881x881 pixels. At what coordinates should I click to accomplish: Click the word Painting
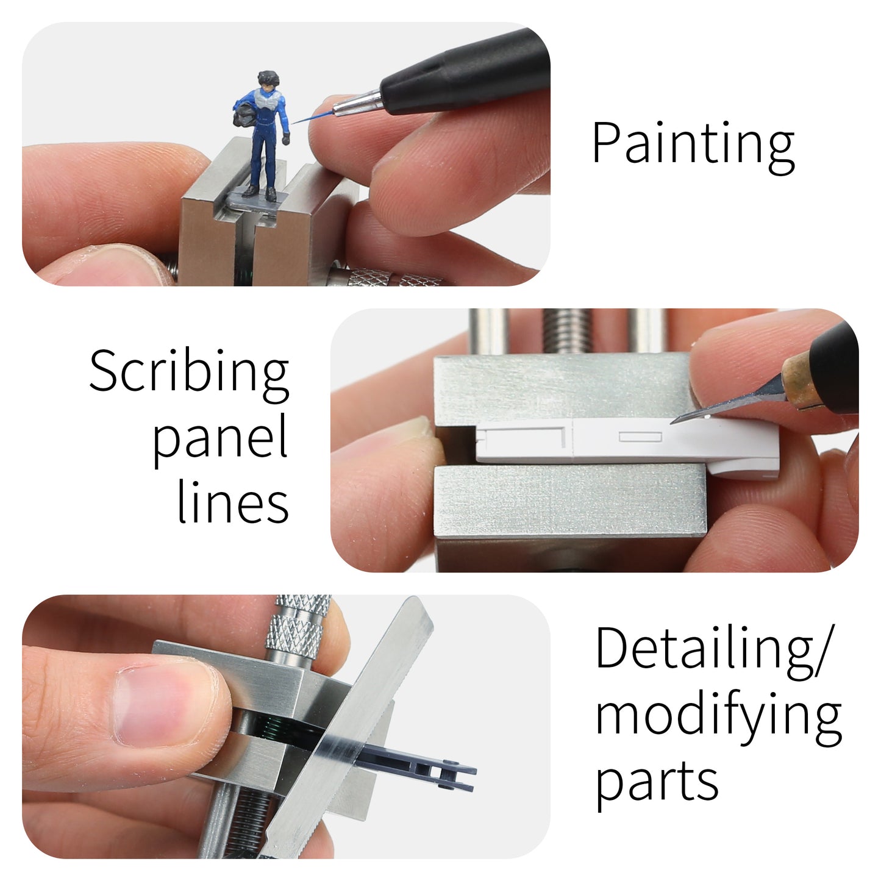click(693, 144)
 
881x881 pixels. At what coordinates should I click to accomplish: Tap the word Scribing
click(189, 372)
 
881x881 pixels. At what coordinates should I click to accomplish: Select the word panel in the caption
click(220, 438)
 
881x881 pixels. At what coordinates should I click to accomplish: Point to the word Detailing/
click(712, 649)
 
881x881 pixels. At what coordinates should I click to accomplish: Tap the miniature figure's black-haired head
click(267, 80)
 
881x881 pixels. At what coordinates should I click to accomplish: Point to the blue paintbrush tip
click(305, 119)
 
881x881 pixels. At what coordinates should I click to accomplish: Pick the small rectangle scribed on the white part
click(640, 437)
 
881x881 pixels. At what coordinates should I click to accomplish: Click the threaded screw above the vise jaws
click(566, 332)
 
